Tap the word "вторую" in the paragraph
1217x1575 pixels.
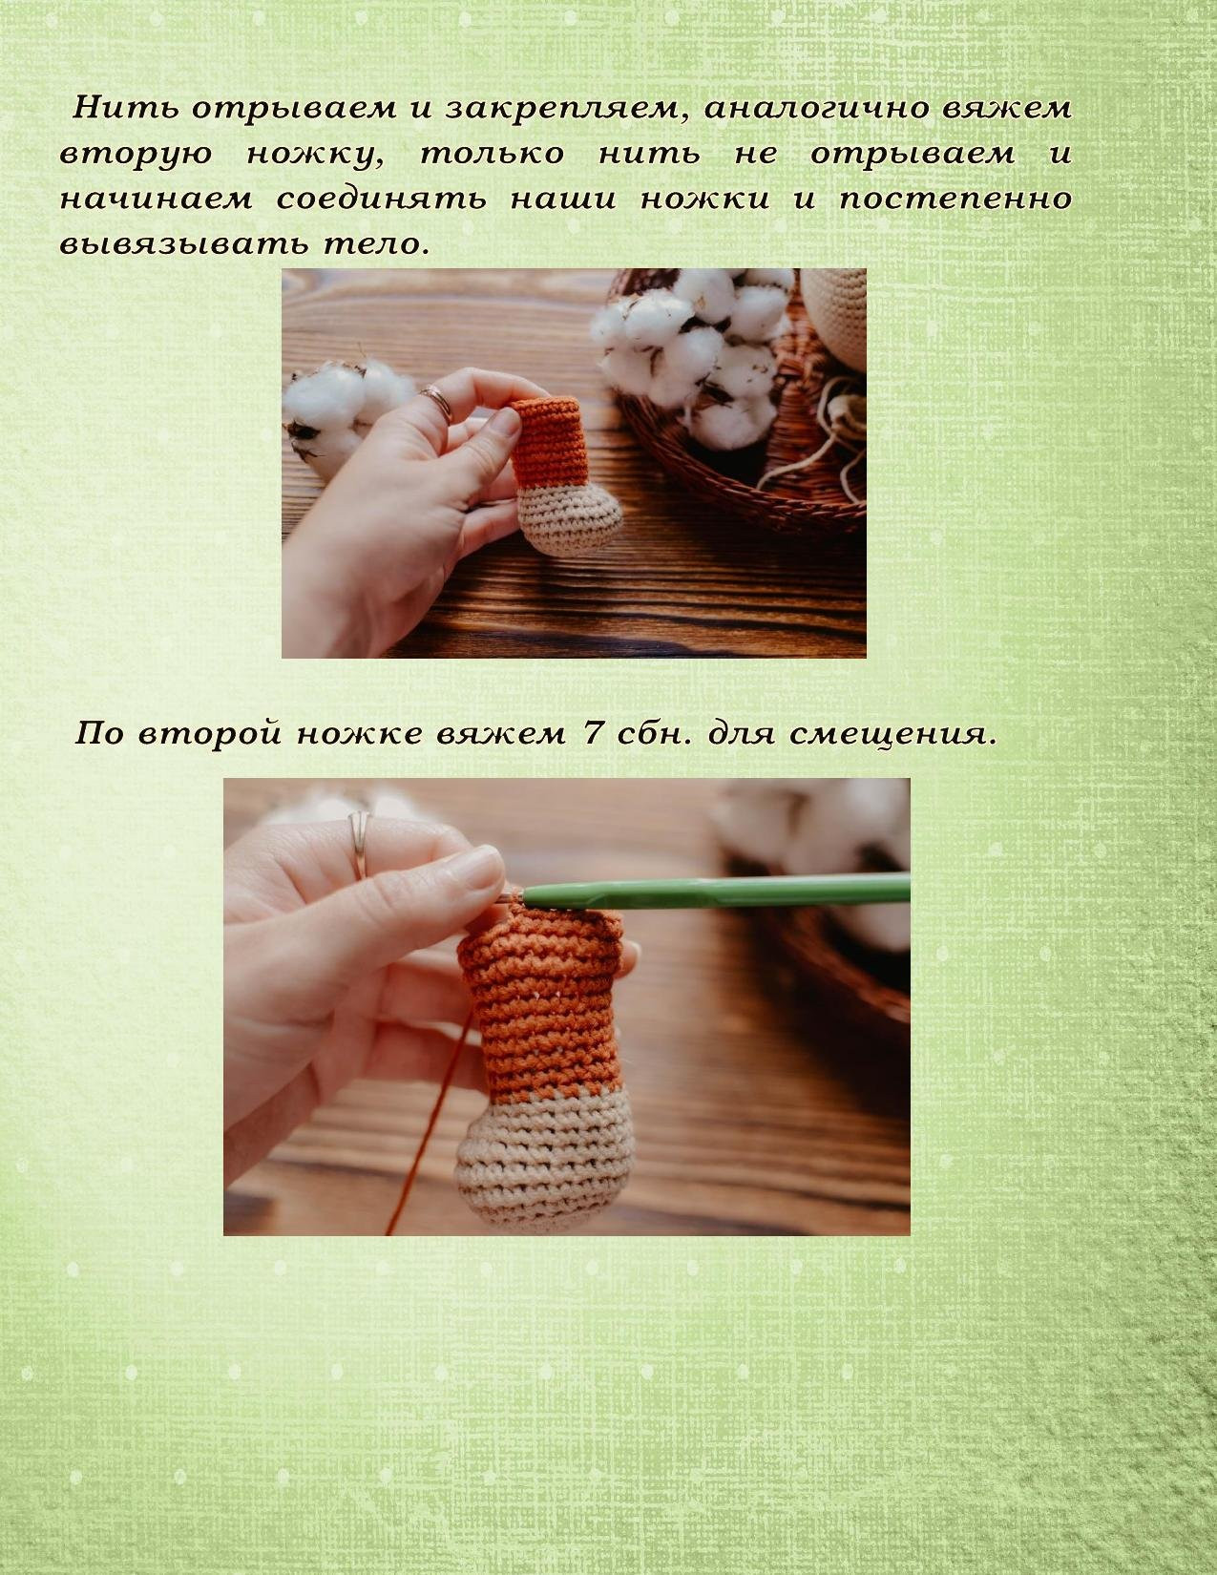point(136,155)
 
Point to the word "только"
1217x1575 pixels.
point(493,154)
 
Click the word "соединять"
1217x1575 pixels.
point(381,199)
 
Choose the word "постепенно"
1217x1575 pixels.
point(955,199)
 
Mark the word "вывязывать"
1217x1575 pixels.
point(182,243)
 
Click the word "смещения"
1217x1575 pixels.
point(892,734)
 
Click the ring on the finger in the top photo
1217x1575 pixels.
point(437,403)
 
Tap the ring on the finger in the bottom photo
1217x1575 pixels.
point(358,844)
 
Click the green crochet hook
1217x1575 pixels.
point(714,891)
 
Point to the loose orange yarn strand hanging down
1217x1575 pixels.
point(428,1128)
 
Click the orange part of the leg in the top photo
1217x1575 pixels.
point(550,441)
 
